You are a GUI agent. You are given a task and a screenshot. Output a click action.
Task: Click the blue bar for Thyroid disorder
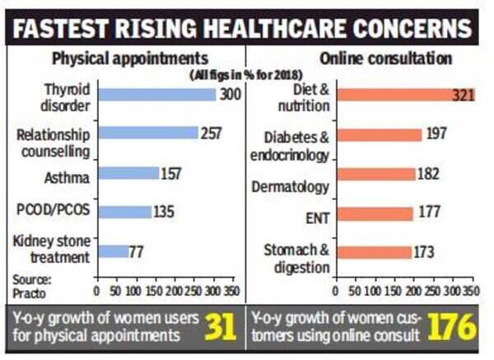pos(156,95)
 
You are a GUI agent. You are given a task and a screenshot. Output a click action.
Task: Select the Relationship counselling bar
pos(147,133)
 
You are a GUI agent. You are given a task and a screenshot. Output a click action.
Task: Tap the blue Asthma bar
pos(128,173)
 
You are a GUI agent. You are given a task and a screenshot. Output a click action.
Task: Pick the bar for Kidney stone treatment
pos(112,251)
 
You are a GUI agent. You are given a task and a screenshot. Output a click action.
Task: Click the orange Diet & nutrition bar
pos(394,96)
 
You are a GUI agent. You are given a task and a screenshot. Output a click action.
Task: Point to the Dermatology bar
pos(375,174)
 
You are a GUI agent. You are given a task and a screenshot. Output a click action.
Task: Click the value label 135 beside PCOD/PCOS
pos(164,212)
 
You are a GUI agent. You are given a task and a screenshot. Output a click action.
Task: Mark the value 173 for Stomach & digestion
pos(424,252)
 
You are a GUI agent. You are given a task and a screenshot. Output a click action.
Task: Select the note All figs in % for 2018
pos(189,75)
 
